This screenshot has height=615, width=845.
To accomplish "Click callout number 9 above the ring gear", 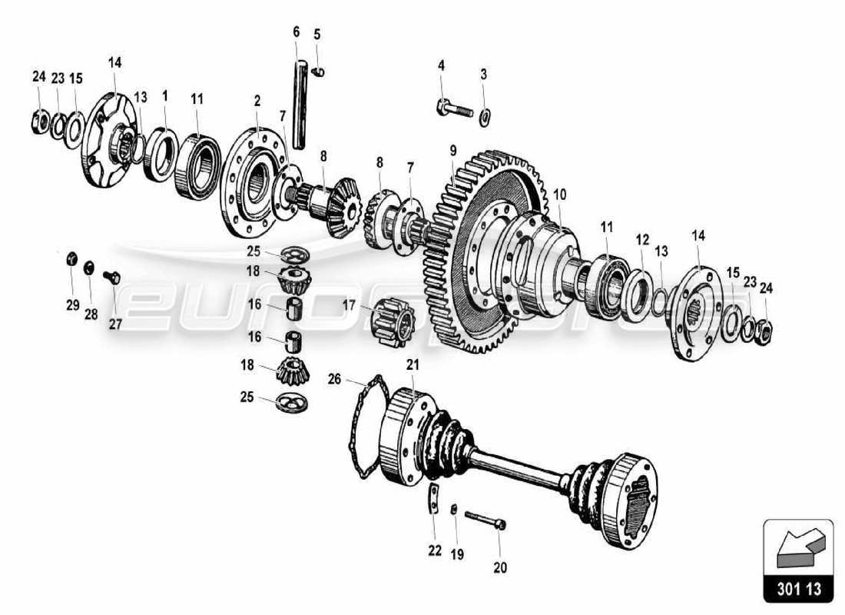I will coord(453,150).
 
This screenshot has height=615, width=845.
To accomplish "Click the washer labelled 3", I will coord(484,118).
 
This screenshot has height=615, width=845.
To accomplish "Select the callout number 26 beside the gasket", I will coord(333,379).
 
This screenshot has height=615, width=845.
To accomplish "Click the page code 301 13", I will coord(798,590).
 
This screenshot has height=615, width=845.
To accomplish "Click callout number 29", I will coord(72,305).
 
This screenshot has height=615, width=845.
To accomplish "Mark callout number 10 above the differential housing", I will coord(560,194).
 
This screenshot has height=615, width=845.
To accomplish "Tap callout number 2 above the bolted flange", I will coord(257,101).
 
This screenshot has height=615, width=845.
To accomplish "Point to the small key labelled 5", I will coord(321,72).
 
